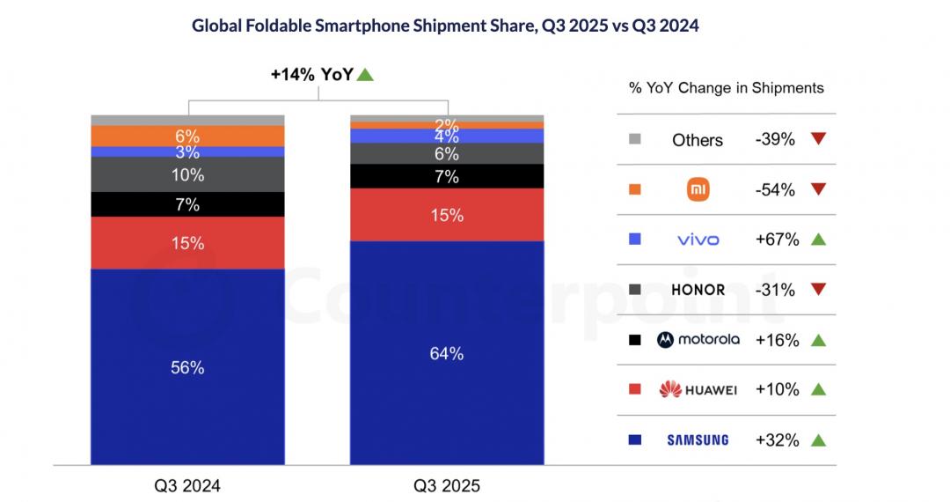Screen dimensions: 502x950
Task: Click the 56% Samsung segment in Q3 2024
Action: (x=187, y=366)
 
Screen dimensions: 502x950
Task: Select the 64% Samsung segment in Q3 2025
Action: (x=447, y=352)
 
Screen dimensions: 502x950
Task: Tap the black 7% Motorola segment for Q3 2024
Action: (x=187, y=204)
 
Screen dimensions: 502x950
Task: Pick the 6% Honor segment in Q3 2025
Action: (x=447, y=153)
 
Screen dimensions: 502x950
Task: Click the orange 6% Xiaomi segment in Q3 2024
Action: (x=187, y=136)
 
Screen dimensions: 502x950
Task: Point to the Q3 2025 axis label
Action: (x=447, y=485)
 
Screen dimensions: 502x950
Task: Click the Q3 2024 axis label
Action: (x=186, y=485)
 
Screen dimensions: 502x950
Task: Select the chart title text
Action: (x=445, y=26)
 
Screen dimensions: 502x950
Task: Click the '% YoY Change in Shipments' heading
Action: (x=727, y=88)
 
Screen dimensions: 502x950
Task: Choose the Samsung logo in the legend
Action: (x=697, y=439)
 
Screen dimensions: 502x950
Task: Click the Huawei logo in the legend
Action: (x=698, y=389)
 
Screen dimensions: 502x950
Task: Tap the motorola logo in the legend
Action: (x=698, y=340)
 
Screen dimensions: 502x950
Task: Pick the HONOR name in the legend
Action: (x=698, y=290)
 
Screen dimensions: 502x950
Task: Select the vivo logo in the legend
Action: (x=698, y=240)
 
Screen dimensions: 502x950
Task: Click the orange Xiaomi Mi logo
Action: (x=698, y=189)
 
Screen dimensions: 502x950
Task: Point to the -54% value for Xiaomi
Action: (x=775, y=189)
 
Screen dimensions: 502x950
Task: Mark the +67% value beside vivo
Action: (x=775, y=240)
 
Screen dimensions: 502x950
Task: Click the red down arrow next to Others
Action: (x=819, y=139)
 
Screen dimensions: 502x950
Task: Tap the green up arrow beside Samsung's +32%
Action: (x=819, y=439)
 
